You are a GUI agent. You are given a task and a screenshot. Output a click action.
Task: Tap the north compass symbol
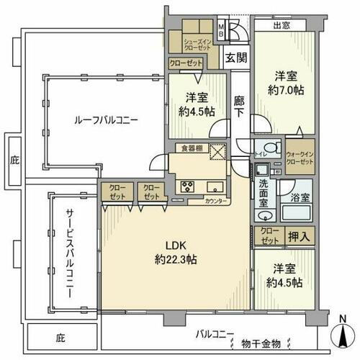[341, 333]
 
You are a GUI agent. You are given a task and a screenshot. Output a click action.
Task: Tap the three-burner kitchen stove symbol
[189, 186]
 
